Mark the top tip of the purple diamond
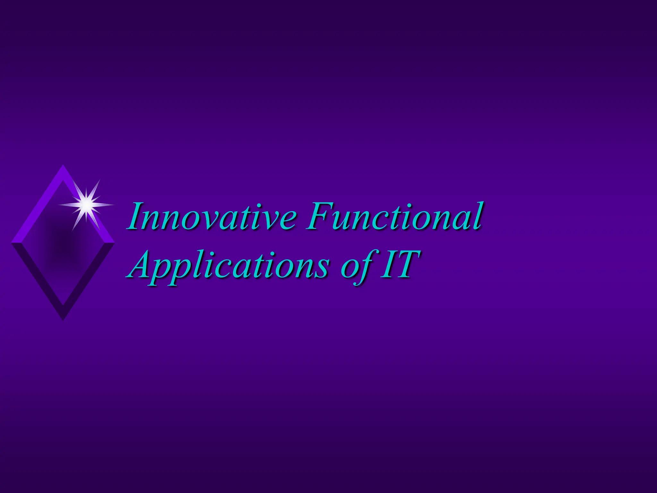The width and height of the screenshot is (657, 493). (x=63, y=166)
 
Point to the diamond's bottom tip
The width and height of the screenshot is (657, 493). (x=63, y=320)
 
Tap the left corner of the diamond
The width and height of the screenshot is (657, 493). (x=12, y=243)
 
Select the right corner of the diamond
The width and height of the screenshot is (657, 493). (x=114, y=243)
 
